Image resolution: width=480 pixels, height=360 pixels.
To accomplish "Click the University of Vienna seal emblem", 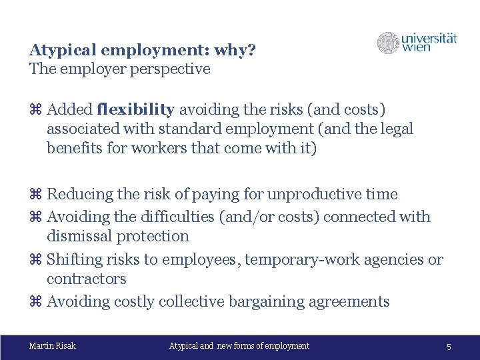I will coord(388,43).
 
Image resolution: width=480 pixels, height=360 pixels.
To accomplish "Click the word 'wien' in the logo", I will coord(415,48).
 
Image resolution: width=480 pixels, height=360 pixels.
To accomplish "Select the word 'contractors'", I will coord(87,279).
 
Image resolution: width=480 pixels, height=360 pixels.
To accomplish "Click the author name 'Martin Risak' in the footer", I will coord(53,345).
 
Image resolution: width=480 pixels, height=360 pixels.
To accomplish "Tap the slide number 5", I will coord(449,347).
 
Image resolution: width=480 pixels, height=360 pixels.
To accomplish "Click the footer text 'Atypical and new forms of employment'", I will coord(239,345).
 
